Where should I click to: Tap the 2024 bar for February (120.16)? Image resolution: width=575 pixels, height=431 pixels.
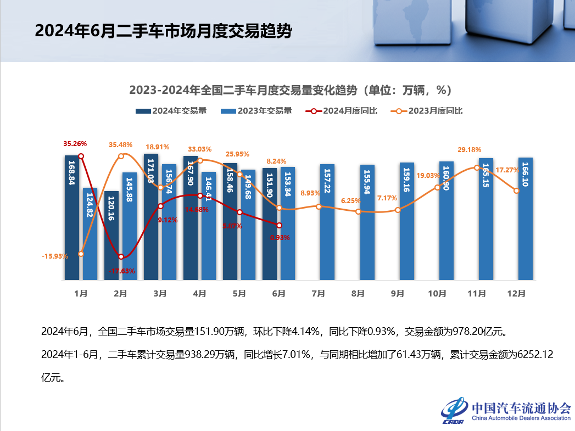click(x=111, y=236)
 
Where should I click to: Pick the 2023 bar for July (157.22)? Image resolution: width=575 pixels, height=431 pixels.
click(x=327, y=222)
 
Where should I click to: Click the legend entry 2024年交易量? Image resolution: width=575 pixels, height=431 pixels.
click(x=171, y=111)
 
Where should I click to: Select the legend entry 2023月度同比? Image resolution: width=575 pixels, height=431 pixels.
click(x=427, y=111)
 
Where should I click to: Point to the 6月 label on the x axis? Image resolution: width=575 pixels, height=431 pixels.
click(x=279, y=294)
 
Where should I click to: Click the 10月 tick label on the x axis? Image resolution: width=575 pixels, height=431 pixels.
click(x=437, y=294)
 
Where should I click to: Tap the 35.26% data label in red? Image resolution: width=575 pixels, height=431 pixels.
click(x=75, y=144)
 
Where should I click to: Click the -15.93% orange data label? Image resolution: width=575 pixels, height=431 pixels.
click(x=55, y=256)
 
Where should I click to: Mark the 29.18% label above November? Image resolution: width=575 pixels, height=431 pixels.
click(x=470, y=149)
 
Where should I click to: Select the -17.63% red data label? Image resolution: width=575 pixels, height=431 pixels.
click(x=121, y=271)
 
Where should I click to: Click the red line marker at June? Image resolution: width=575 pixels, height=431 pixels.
click(x=279, y=225)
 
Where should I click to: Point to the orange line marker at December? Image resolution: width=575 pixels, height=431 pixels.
click(x=516, y=191)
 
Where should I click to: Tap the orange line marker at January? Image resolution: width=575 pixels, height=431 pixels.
click(x=81, y=254)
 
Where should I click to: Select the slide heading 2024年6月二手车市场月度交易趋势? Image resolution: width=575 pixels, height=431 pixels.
click(x=163, y=31)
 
